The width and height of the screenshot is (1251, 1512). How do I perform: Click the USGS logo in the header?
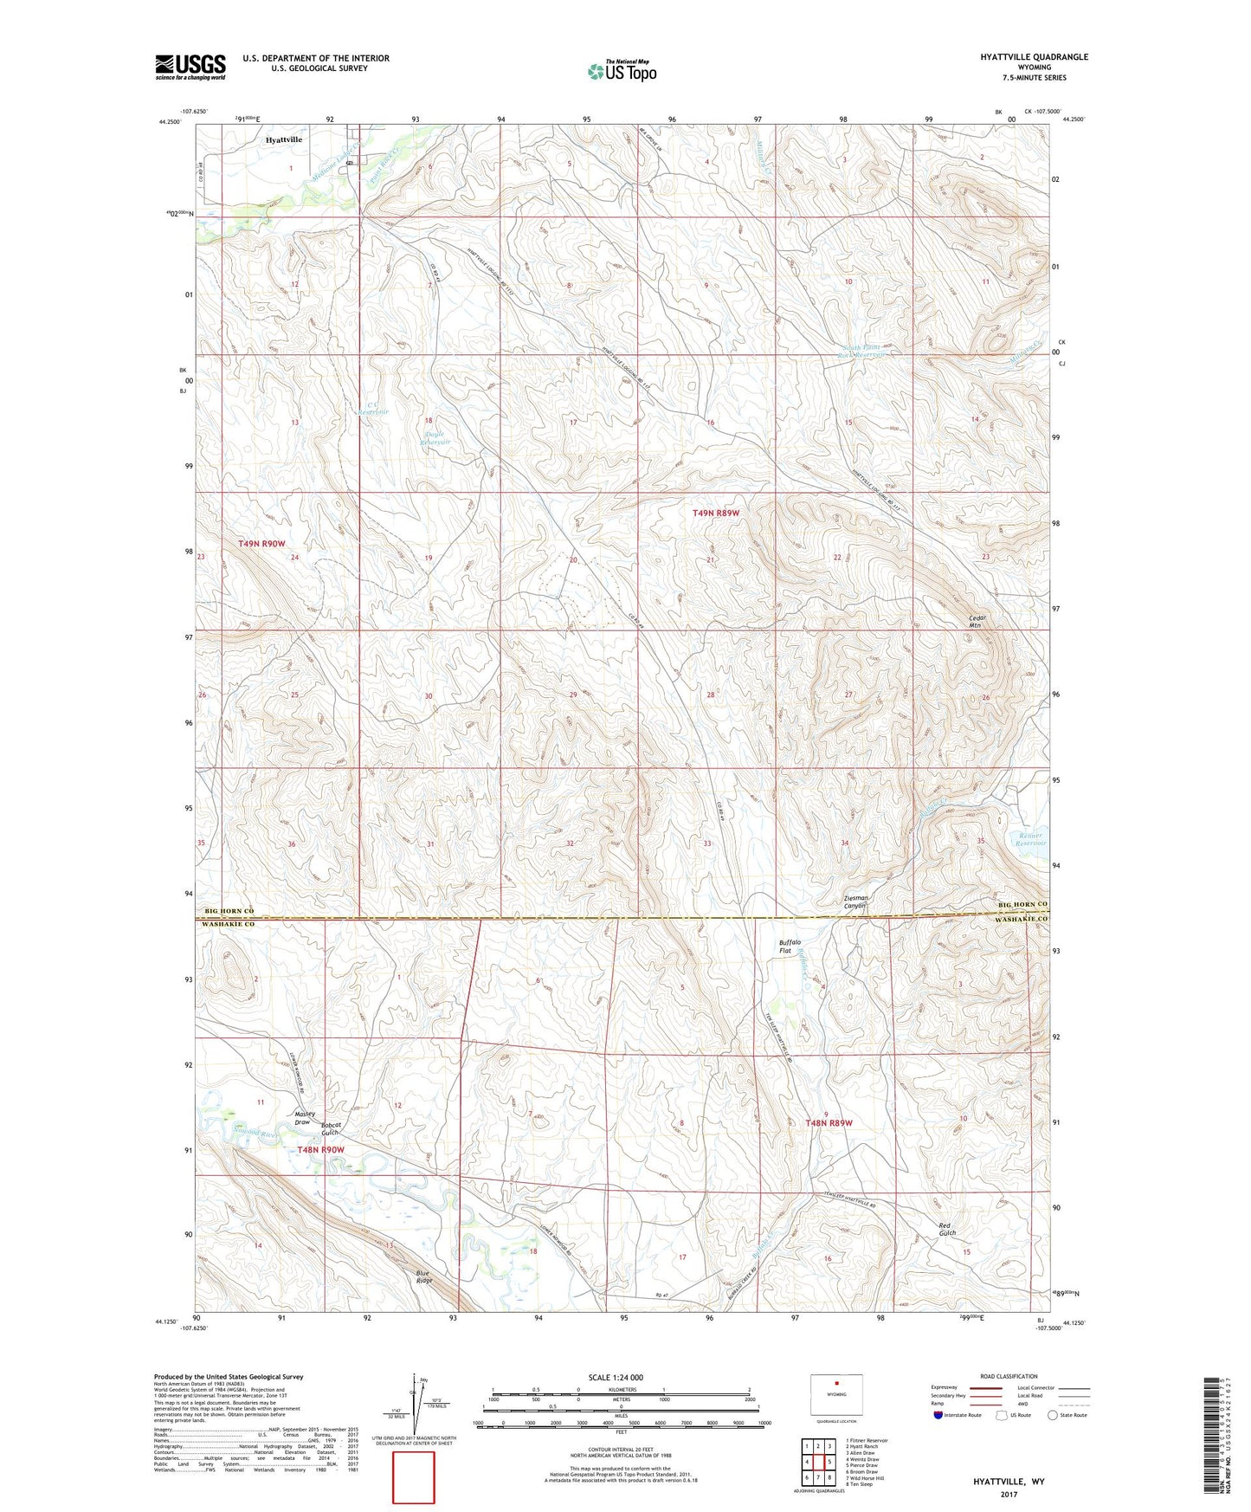(190, 67)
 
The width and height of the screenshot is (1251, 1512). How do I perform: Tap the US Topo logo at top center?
(621, 71)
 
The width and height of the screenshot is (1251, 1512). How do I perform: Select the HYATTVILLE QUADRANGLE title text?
(1034, 57)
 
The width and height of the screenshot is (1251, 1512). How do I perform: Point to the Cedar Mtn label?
(977, 621)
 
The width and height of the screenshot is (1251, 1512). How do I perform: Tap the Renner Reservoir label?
(1030, 839)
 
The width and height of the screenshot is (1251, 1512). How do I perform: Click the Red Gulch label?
(947, 1229)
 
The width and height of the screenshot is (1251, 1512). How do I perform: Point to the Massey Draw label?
(304, 1118)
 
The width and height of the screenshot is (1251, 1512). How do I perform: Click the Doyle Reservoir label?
(435, 438)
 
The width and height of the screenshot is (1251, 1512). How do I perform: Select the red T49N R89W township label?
(716, 514)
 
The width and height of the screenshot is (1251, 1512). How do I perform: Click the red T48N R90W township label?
(320, 1150)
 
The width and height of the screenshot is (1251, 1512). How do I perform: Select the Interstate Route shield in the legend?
(939, 1415)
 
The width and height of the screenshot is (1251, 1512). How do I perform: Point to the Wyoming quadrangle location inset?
(836, 1396)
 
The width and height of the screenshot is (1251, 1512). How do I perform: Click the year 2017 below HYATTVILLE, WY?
(1009, 1494)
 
